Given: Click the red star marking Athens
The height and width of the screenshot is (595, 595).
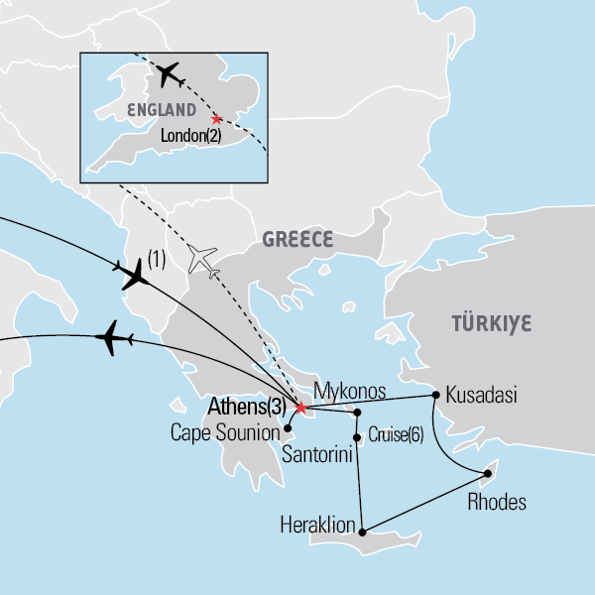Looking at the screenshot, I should [x=299, y=407].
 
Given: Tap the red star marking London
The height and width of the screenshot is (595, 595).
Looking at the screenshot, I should [x=215, y=119].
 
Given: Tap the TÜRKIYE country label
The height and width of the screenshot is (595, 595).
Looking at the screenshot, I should [x=492, y=324].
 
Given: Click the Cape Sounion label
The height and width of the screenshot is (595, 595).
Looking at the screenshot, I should [x=222, y=432].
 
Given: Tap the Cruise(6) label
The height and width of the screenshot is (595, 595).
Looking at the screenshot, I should [x=395, y=434].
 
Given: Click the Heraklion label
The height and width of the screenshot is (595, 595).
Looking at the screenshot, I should [x=319, y=522].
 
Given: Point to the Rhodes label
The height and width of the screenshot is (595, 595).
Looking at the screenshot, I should [x=496, y=502].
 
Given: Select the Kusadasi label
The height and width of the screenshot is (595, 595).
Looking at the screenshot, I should [x=481, y=394].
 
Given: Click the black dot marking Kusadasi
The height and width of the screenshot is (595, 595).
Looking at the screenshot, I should [x=435, y=396].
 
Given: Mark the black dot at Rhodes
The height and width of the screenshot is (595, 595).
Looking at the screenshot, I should [x=487, y=473].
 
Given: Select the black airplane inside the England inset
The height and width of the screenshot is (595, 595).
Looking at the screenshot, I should [x=168, y=73].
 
